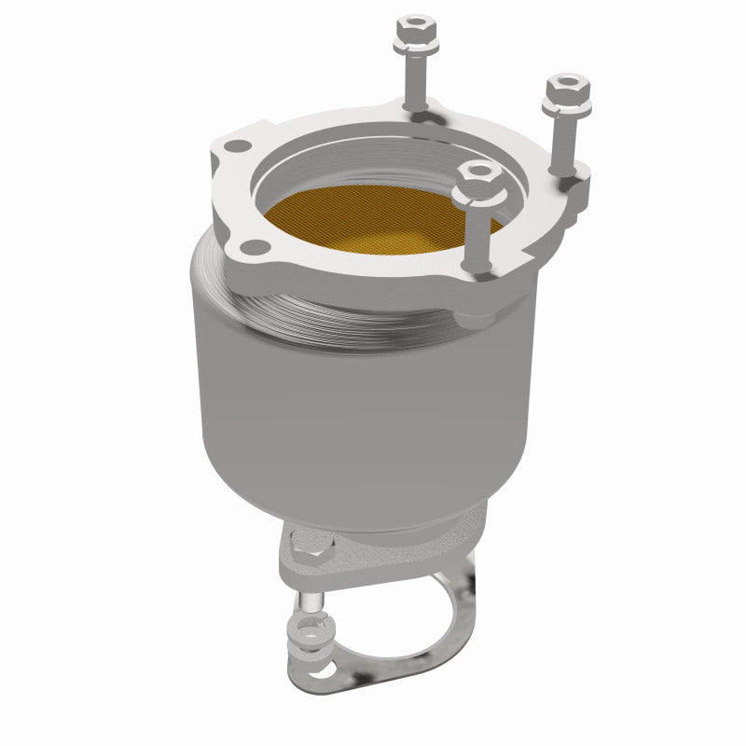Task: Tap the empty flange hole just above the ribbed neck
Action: pyautogui.click(x=249, y=245)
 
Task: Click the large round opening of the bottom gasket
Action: pyautogui.click(x=392, y=620)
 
